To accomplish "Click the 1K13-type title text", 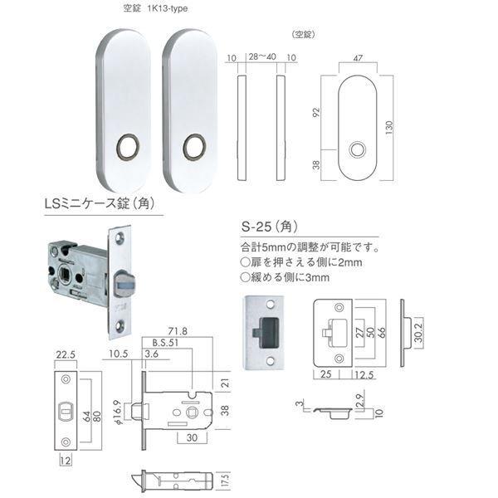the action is click(167, 8).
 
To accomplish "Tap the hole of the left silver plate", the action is click(128, 146).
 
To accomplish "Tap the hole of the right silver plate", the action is click(194, 146).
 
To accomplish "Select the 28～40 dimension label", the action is click(262, 56).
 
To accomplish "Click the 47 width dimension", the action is click(358, 58).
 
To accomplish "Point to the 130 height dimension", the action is click(389, 127).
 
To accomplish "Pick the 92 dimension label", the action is click(316, 112).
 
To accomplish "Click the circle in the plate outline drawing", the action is click(357, 150).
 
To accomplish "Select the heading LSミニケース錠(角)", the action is click(100, 203).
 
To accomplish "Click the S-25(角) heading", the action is click(270, 227).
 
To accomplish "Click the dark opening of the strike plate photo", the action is click(266, 332).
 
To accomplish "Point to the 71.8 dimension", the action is click(178, 331).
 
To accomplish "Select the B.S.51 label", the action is click(165, 343).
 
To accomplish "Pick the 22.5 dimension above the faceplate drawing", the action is click(66, 354).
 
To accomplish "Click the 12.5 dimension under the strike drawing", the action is click(364, 375).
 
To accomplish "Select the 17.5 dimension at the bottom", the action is click(224, 481).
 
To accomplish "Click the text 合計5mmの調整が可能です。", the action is click(310, 247).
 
